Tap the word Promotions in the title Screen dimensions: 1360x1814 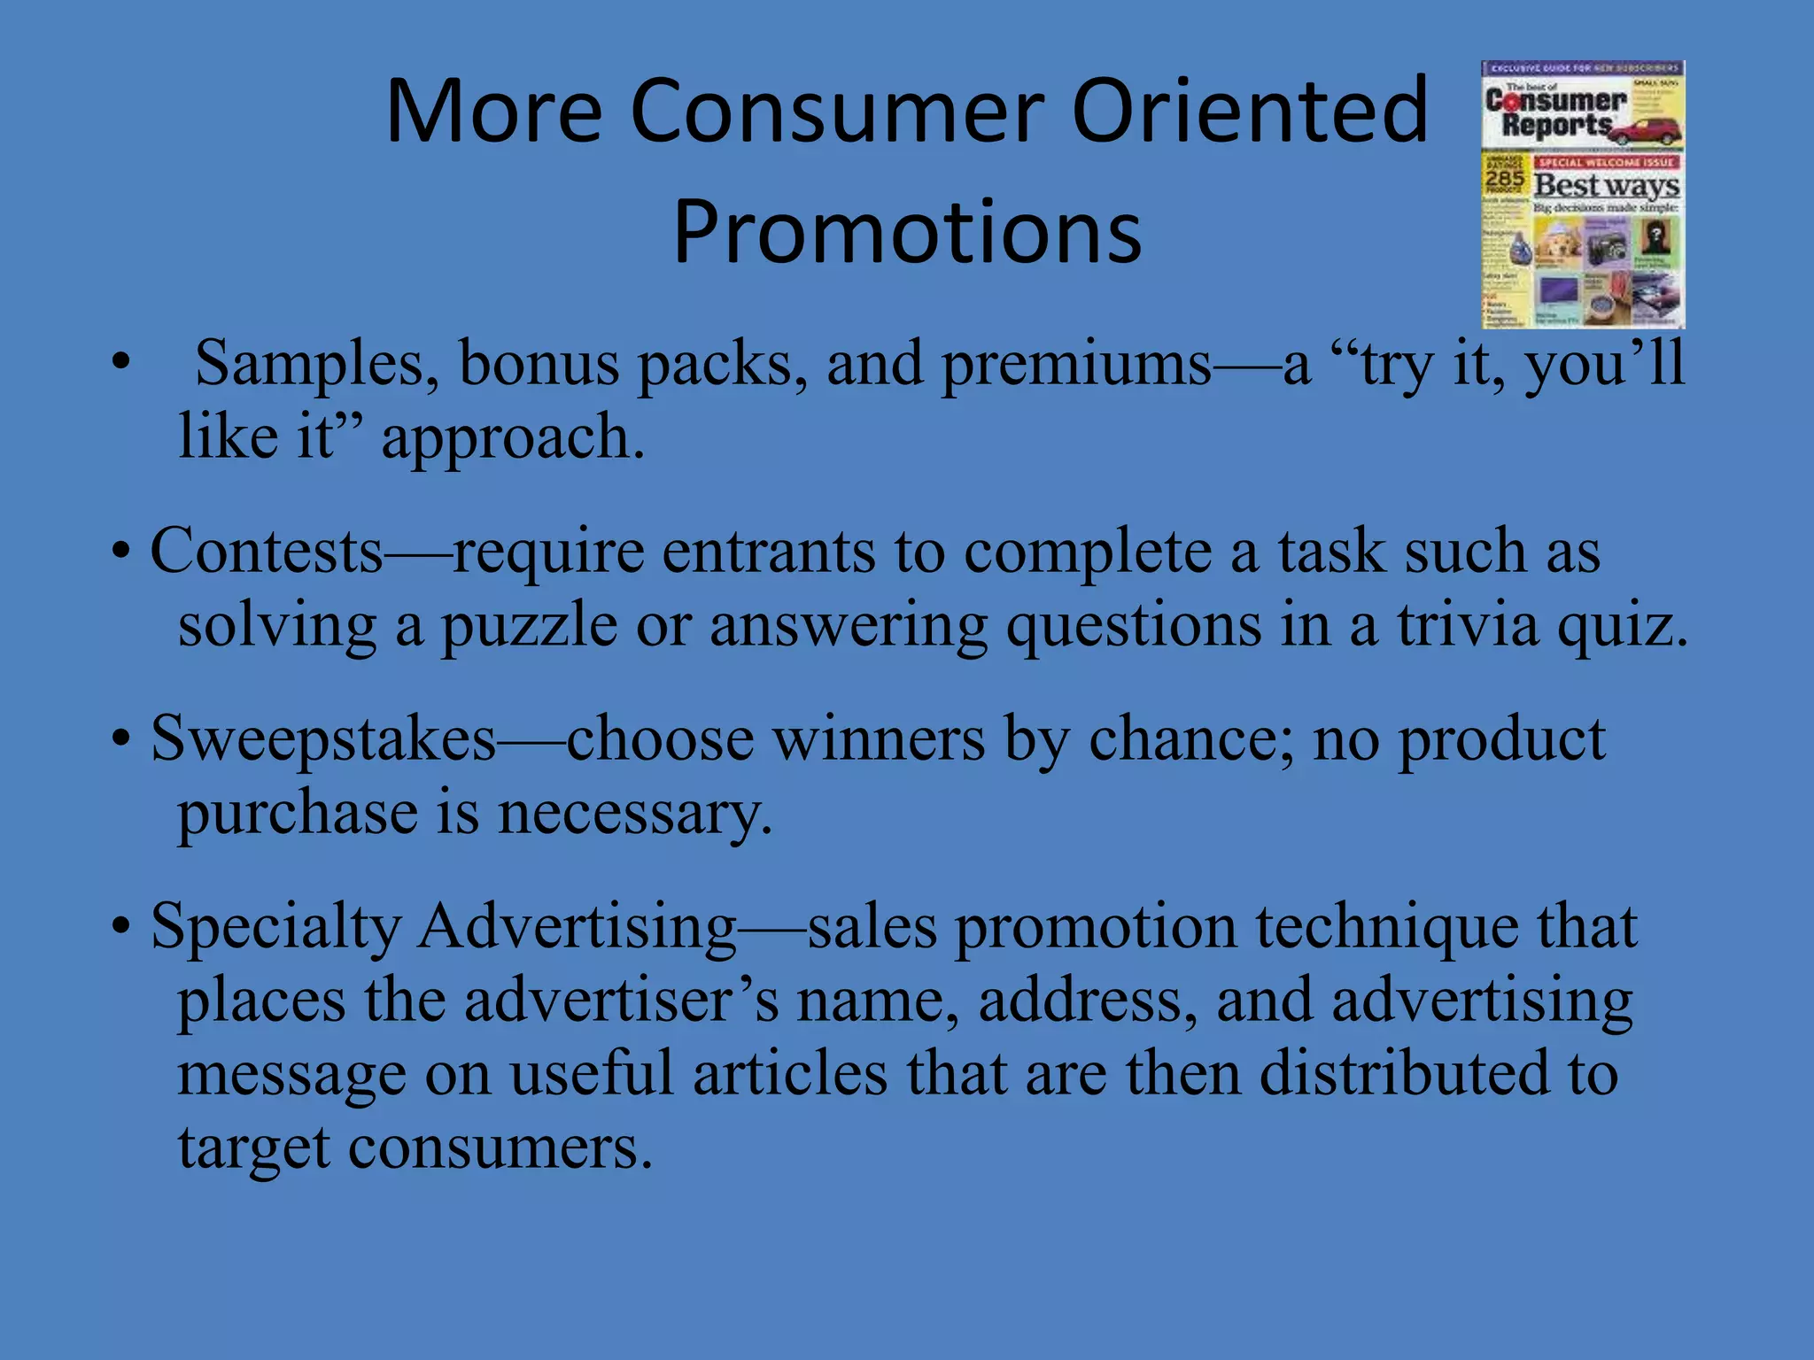907,232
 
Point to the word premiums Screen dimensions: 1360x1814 1075,365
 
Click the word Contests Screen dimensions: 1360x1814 267,551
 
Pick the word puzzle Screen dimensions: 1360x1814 529,627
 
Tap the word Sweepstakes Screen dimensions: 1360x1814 323,738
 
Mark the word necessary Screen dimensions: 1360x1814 634,813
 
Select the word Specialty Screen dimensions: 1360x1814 275,928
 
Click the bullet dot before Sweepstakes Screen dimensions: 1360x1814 121,740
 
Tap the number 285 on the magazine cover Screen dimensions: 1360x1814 1504,180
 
